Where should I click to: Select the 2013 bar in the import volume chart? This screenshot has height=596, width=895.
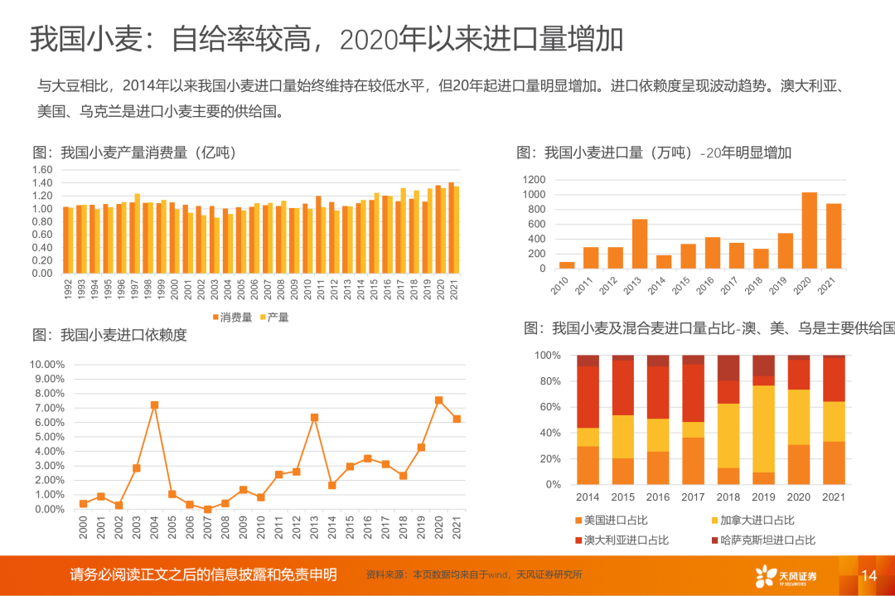[x=639, y=244]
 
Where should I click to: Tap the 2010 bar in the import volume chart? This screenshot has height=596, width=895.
[x=567, y=265]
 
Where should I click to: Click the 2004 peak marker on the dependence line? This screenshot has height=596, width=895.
[x=154, y=405]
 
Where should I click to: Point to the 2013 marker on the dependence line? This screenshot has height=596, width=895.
[x=314, y=418]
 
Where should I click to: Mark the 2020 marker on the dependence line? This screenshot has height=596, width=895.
[x=438, y=400]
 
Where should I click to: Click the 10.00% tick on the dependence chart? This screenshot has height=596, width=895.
[x=47, y=364]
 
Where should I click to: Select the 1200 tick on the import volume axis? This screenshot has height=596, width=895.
[x=534, y=180]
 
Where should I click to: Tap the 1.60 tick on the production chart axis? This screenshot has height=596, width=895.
[x=41, y=170]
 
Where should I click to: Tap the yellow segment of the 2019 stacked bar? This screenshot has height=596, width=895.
[x=764, y=429]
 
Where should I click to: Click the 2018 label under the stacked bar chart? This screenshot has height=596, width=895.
[x=728, y=497]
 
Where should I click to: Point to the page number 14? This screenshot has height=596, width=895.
[x=868, y=575]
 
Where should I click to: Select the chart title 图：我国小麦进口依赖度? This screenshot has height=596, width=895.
[x=109, y=335]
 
